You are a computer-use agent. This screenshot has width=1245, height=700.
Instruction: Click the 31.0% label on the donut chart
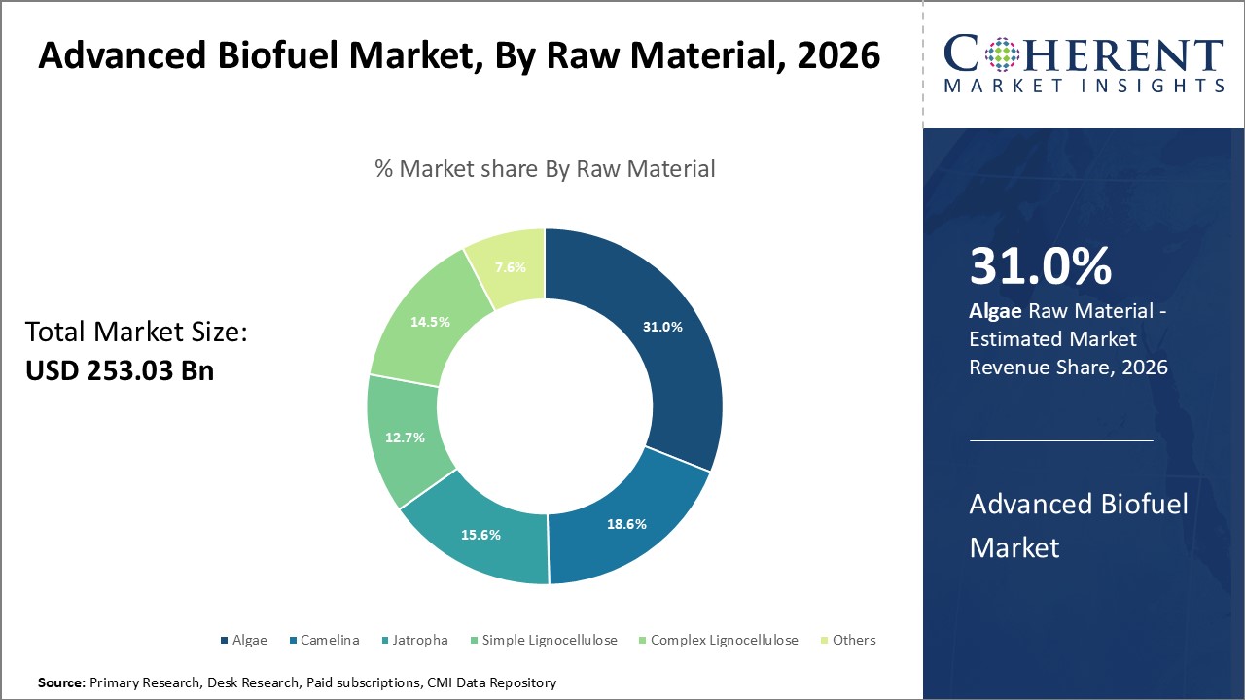[662, 328]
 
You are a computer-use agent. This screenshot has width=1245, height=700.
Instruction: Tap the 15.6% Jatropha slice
[480, 535]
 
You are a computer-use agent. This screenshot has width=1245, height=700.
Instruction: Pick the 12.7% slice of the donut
[405, 437]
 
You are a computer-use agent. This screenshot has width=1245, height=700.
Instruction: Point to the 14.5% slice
[430, 321]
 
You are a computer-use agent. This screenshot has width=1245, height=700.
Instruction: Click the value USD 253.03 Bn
[120, 370]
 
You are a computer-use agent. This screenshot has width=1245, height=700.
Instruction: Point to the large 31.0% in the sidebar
[1040, 266]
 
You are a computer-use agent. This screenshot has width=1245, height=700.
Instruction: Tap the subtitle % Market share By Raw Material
[545, 169]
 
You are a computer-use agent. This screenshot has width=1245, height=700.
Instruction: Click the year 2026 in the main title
[837, 56]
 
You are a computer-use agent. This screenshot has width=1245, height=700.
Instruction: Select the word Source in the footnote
[61, 683]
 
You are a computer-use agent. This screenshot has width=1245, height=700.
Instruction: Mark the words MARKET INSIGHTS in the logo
[1084, 86]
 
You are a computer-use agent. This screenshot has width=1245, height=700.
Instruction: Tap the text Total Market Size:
[136, 332]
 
